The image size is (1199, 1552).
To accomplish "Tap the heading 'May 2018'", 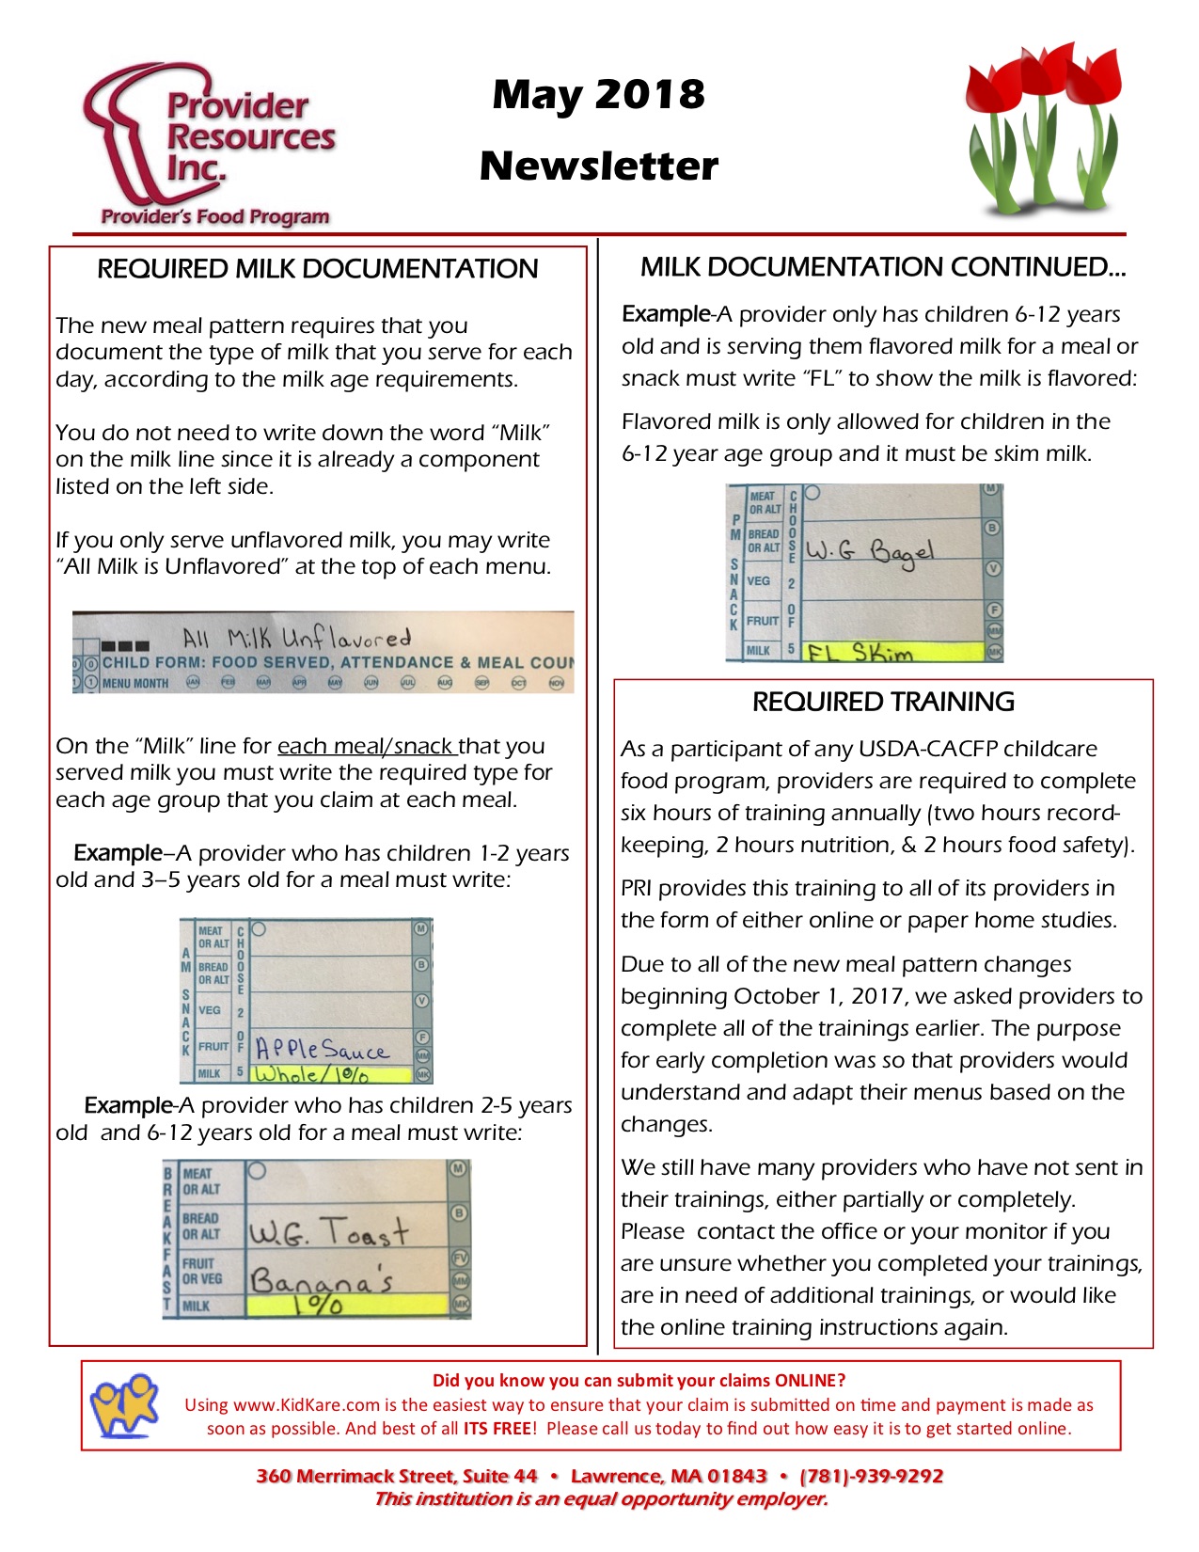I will [x=598, y=94].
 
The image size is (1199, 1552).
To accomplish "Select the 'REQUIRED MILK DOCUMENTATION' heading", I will [x=317, y=269].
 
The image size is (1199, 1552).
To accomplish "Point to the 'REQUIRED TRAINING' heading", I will [x=882, y=702].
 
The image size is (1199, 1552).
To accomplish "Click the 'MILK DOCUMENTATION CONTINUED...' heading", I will [x=882, y=267].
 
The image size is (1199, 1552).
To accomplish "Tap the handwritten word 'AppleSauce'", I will [x=322, y=1049].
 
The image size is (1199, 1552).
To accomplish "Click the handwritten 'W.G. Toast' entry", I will [x=328, y=1231].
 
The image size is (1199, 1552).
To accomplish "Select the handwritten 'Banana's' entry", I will [x=321, y=1280].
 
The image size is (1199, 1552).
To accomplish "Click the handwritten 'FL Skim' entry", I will [x=859, y=652].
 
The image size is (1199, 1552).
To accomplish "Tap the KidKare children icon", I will [x=124, y=1404].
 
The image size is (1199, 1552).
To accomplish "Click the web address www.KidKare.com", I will [x=306, y=1405].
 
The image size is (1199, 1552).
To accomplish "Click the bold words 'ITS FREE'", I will [x=497, y=1429].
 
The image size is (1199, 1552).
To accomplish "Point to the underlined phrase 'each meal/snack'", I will [x=367, y=746].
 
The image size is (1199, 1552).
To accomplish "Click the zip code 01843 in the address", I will [x=737, y=1476].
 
